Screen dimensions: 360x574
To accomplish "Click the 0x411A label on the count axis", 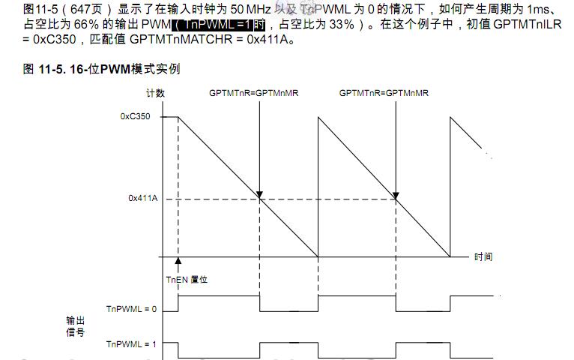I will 142,199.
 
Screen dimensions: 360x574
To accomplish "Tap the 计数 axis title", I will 155,93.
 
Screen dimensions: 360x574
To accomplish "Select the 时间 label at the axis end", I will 483,257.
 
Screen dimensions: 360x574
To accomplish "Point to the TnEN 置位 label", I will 187,279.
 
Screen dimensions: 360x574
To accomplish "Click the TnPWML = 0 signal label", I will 131,309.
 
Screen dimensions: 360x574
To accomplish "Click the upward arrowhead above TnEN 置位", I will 178,260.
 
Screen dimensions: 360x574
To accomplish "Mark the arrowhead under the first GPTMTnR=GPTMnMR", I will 259,194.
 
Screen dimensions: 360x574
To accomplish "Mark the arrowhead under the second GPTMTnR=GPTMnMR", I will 396,194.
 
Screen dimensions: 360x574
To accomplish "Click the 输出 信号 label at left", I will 75,326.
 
